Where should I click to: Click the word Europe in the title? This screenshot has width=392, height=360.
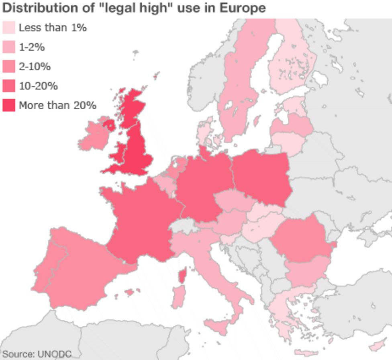tap(243, 8)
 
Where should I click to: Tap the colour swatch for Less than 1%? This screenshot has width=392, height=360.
tap(9, 28)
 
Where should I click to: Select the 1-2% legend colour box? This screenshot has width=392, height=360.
tap(9, 47)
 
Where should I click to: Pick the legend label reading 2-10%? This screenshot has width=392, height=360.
tap(35, 67)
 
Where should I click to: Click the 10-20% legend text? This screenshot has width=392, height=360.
tap(38, 86)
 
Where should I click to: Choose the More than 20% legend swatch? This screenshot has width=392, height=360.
tap(9, 105)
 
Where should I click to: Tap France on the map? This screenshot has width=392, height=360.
tap(141, 221)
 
